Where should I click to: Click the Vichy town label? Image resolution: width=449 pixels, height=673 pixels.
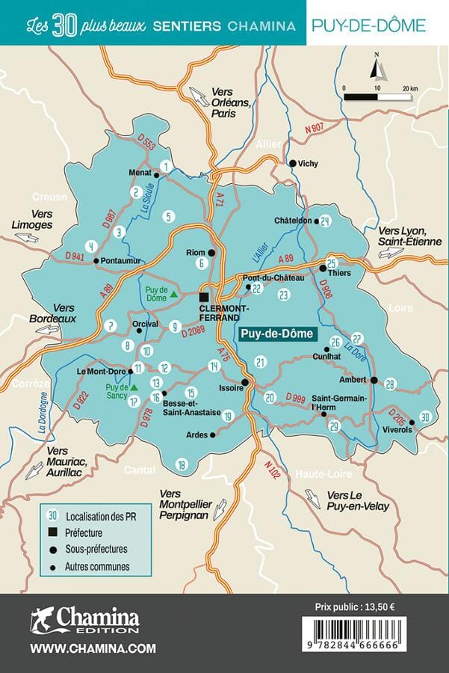click(308, 163)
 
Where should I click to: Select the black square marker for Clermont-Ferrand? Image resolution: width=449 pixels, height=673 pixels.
click(203, 296)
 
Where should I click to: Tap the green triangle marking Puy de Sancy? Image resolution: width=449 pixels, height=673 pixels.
click(134, 387)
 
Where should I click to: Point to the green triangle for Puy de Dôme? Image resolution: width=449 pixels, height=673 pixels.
click(173, 294)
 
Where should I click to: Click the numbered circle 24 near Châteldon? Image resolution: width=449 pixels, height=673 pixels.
click(324, 221)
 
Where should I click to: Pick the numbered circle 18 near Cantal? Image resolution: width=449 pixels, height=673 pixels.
click(180, 465)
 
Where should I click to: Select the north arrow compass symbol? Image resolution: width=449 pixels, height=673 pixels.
click(379, 68)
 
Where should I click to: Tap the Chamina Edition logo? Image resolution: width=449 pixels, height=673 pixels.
click(84, 619)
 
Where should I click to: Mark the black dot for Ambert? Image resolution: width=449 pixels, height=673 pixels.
click(374, 380)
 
